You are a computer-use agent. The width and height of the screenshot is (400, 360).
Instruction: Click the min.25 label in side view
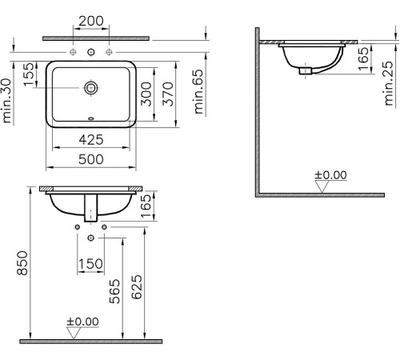[388, 86]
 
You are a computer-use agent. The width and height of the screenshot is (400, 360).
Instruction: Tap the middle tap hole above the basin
[90, 53]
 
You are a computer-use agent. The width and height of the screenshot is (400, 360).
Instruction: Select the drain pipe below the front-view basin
[90, 209]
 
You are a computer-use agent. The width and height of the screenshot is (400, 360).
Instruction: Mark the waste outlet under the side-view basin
[305, 70]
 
